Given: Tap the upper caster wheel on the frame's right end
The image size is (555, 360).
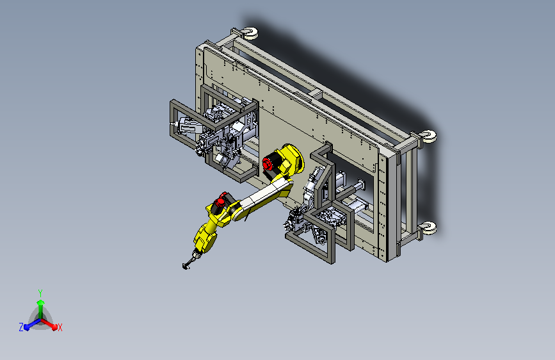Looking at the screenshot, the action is (430, 136).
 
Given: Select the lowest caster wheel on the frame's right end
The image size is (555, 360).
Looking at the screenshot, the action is (429, 228).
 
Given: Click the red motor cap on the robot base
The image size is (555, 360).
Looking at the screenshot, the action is (268, 165).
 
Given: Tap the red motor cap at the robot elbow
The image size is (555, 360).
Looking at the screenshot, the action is (220, 202).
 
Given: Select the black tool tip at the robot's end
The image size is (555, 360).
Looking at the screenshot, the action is (186, 266).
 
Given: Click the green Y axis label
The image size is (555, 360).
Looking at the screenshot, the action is (40, 293).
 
